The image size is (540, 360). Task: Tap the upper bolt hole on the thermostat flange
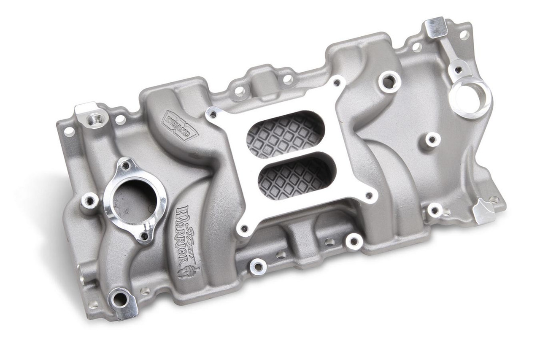[x=125, y=166]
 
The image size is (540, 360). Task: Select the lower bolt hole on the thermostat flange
[x=144, y=236]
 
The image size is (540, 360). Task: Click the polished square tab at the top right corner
[x=436, y=27]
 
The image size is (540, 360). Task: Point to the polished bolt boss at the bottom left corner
[x=121, y=299]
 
